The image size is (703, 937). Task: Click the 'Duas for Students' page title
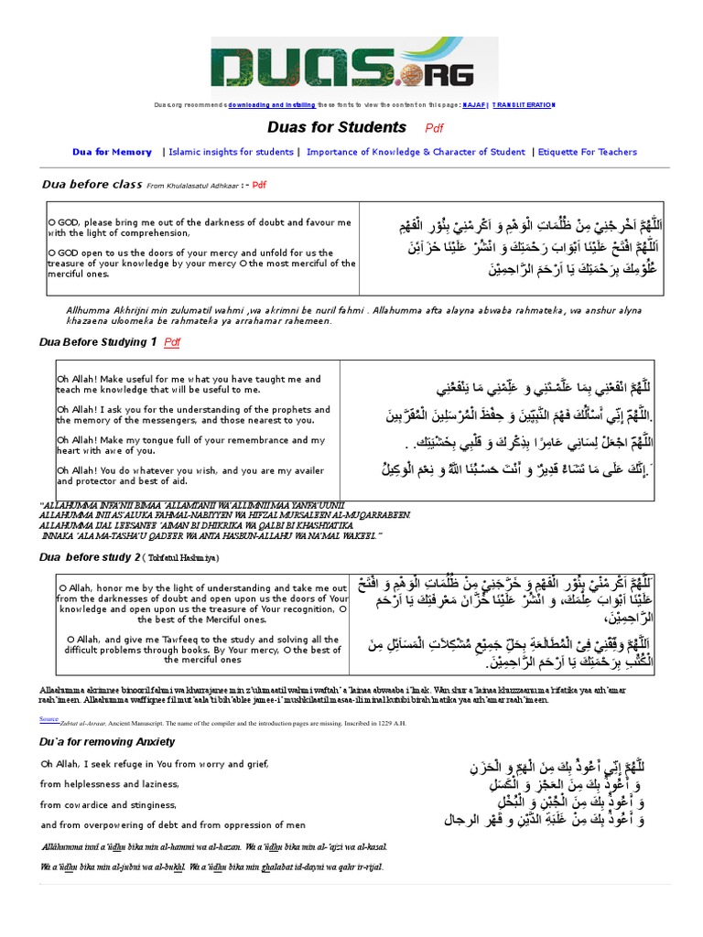pyautogui.click(x=336, y=127)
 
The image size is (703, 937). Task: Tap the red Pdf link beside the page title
pyautogui.click(x=434, y=129)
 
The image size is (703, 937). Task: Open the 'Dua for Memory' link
pyautogui.click(x=112, y=152)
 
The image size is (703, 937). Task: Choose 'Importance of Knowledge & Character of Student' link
pyautogui.click(x=415, y=152)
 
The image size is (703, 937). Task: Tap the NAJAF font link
pyautogui.click(x=472, y=105)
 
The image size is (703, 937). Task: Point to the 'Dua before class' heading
pyautogui.click(x=92, y=184)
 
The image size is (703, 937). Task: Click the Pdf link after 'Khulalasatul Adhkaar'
pyautogui.click(x=259, y=185)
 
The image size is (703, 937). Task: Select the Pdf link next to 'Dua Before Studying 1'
pyautogui.click(x=172, y=342)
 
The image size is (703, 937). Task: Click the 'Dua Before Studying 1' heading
pyautogui.click(x=98, y=342)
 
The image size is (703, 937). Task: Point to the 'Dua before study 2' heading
pyautogui.click(x=91, y=556)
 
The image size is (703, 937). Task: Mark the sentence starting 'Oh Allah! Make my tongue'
pyautogui.click(x=190, y=445)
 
